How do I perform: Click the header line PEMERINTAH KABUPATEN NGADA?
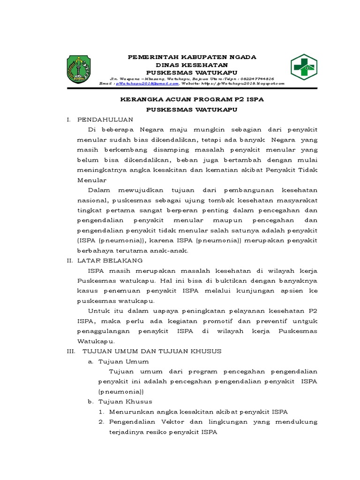pos(193,57)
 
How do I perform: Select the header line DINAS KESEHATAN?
pos(193,65)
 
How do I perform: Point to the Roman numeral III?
pos(72,351)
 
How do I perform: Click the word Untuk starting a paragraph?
pos(98,311)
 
